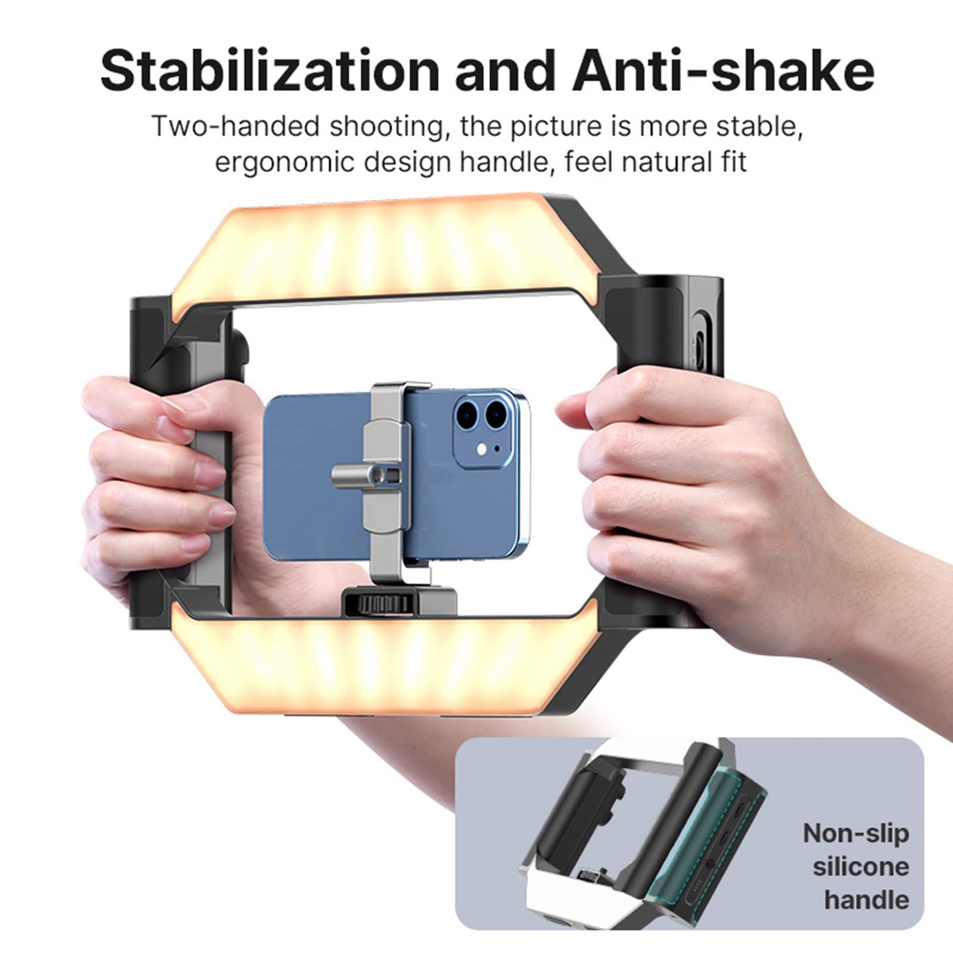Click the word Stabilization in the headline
coord(269,71)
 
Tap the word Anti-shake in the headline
coord(723,71)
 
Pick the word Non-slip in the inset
coord(856,833)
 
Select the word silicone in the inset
coord(861,867)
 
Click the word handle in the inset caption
coord(867,900)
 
